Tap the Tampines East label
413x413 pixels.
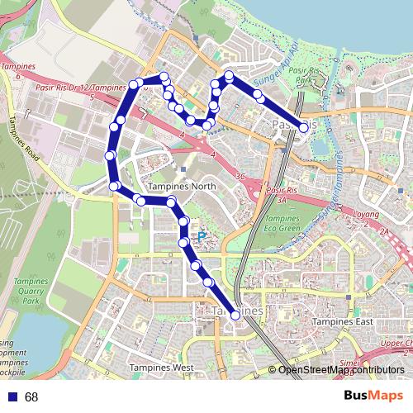tap(344, 322)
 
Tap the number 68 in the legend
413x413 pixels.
tap(31, 397)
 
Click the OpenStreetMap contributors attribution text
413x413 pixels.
tap(341, 370)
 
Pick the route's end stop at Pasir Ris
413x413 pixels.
tap(304, 127)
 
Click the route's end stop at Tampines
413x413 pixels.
tap(236, 316)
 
